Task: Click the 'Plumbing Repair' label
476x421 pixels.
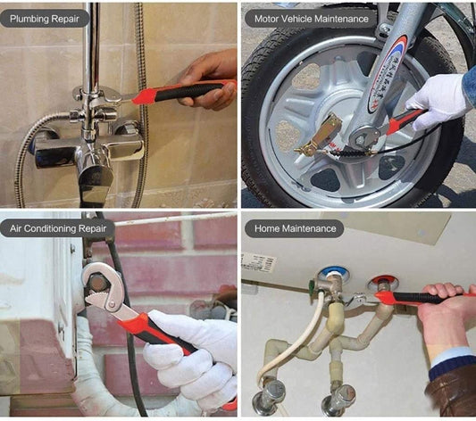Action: click(45, 19)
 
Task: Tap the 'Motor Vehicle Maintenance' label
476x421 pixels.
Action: click(311, 19)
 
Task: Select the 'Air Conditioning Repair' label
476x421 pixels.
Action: click(58, 228)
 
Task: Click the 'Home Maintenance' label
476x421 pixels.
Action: click(295, 228)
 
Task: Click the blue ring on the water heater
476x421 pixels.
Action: click(333, 272)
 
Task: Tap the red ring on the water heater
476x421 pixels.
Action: click(383, 279)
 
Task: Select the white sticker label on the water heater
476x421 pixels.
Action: click(258, 263)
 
